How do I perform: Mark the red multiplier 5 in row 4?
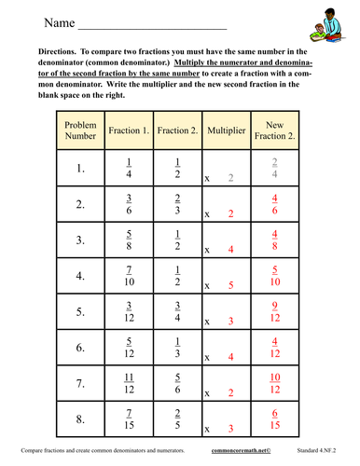point(230,285)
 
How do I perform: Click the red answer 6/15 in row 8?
point(274,417)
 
